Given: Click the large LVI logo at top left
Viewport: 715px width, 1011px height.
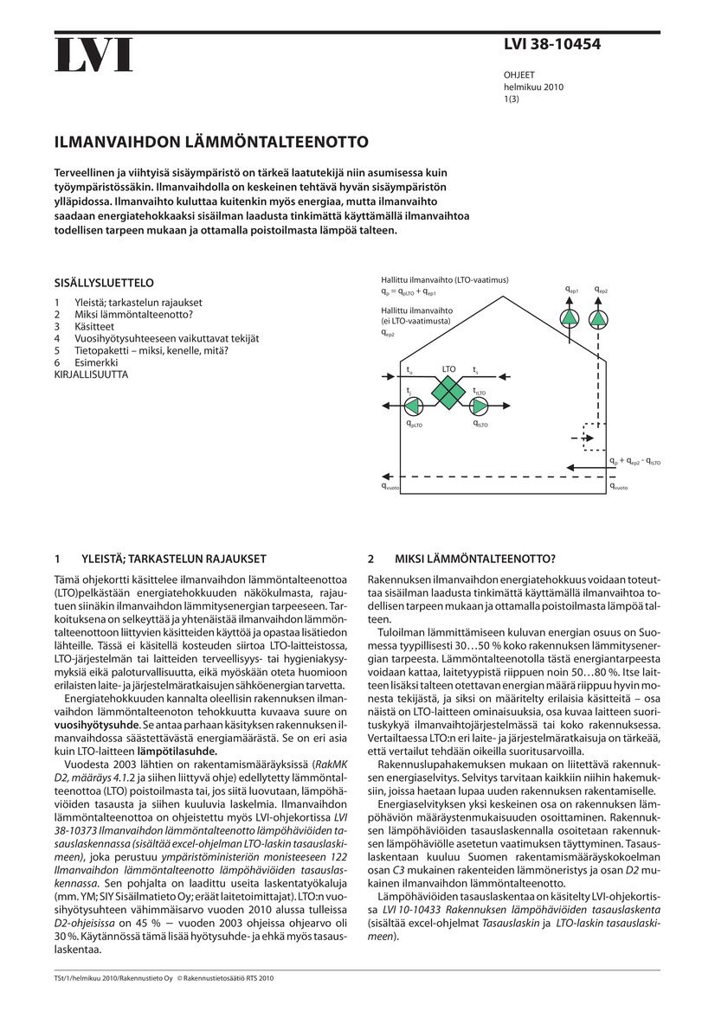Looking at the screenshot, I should click(x=93, y=55).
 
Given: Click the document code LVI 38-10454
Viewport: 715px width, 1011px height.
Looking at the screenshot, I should click(x=551, y=45).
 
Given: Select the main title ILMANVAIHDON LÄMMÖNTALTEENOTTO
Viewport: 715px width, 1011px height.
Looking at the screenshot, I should click(x=211, y=141).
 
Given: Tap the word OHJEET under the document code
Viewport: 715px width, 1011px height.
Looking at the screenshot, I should click(x=520, y=76).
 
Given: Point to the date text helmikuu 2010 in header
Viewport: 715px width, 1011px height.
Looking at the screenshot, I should click(x=533, y=87).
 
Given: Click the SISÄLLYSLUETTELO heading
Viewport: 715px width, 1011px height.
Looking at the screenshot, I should click(x=104, y=283).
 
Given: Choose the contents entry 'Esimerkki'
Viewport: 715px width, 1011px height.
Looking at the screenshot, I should click(x=96, y=362).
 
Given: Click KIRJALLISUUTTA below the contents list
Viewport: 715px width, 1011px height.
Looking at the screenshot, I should click(x=91, y=374).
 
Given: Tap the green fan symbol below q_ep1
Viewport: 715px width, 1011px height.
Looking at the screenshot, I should click(x=570, y=319).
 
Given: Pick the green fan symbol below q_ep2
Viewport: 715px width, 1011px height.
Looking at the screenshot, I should click(x=598, y=319).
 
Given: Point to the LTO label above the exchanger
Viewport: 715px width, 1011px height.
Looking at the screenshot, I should click(x=448, y=369).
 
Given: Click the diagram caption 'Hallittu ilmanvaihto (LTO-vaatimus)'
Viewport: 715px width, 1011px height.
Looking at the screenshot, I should click(x=445, y=279).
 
